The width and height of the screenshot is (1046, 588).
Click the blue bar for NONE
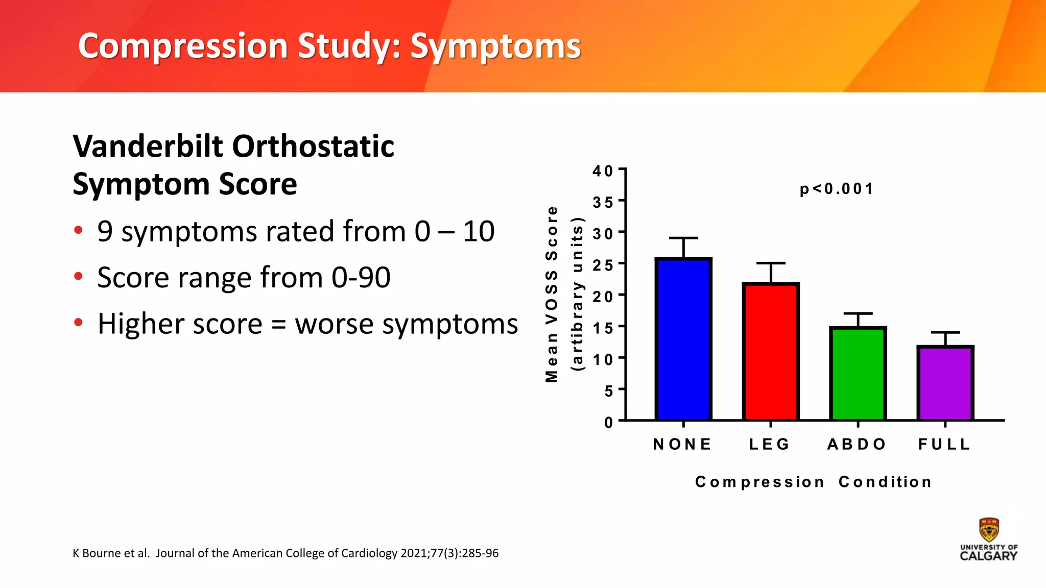683,339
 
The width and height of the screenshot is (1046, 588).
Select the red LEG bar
771,352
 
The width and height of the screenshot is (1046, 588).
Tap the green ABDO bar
858,374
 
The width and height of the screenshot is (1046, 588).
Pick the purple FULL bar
945,383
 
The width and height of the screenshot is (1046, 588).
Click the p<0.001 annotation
836,189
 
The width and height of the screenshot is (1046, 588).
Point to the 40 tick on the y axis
603,171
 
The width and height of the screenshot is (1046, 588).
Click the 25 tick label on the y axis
603,265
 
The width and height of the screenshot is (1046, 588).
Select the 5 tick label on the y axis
608,391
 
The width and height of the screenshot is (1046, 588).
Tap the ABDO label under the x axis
857,445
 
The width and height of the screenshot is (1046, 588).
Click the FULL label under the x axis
944,445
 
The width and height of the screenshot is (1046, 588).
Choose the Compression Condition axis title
813,482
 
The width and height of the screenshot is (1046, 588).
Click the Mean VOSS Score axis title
552,295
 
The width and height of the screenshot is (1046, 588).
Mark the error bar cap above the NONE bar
683,238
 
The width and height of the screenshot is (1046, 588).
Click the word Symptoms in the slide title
495,46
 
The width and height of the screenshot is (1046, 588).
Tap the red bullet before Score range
78,277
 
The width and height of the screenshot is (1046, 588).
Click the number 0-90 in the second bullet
361,278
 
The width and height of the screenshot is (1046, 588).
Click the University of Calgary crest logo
989,531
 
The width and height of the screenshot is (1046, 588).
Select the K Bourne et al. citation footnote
285,553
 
